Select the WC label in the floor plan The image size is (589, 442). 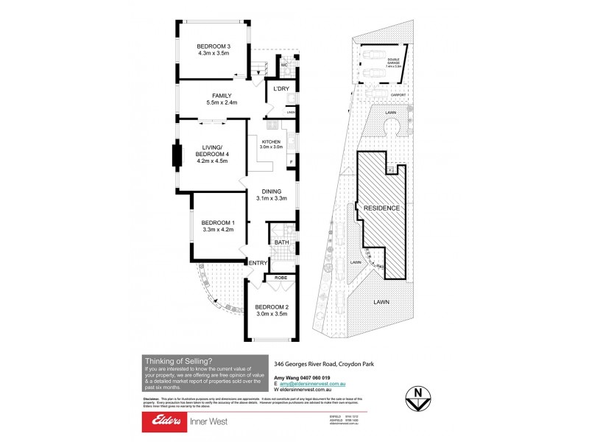pyautogui.click(x=284, y=66)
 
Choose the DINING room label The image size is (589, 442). pyautogui.click(x=271, y=190)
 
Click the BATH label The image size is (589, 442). pyautogui.click(x=281, y=242)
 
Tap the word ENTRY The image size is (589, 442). pyautogui.click(x=258, y=263)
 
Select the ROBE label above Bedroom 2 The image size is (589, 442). pyautogui.click(x=281, y=278)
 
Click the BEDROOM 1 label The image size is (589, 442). pyautogui.click(x=218, y=222)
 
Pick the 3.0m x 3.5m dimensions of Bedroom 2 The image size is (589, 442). pyautogui.click(x=271, y=315)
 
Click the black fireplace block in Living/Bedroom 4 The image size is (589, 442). pyautogui.click(x=177, y=155)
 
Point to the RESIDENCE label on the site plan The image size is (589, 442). pyautogui.click(x=382, y=208)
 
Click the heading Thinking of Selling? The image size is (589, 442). pyautogui.click(x=178, y=360)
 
